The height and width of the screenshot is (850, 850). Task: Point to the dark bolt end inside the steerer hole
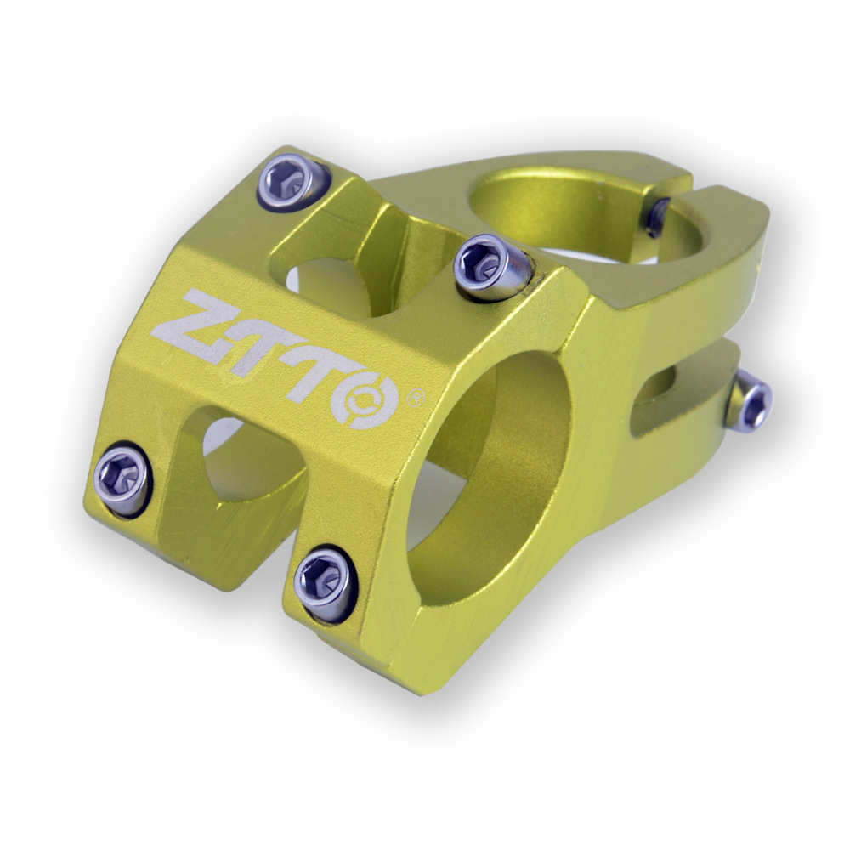[x=658, y=217]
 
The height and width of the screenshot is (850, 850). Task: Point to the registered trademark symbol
[x=416, y=397]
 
